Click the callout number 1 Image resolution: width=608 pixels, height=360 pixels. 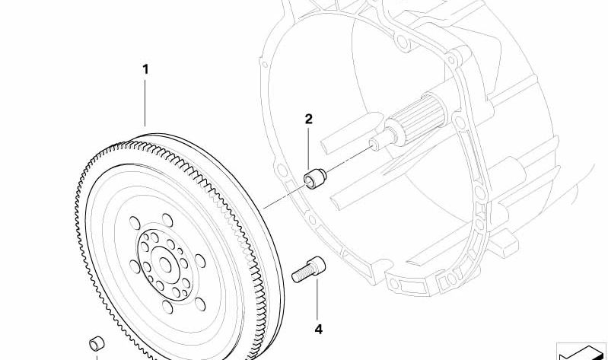(145, 70)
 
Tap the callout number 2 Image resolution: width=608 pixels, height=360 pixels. (308, 119)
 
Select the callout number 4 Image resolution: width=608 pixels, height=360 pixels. (318, 329)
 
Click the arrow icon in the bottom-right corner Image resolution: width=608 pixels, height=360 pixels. (582, 352)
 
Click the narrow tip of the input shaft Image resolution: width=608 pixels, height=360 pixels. (375, 142)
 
